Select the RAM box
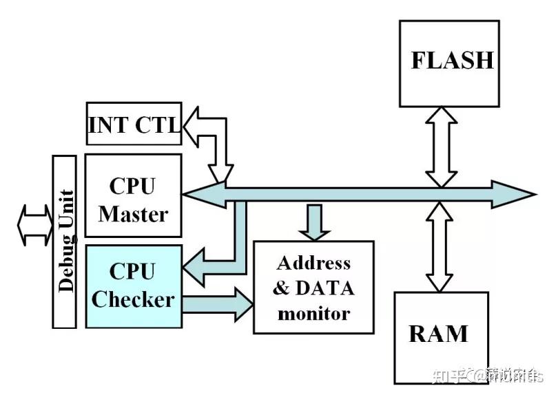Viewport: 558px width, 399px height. (x=441, y=337)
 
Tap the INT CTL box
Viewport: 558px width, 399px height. (x=133, y=124)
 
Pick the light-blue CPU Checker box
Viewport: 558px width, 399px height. (x=133, y=285)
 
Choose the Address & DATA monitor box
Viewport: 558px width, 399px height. (x=313, y=288)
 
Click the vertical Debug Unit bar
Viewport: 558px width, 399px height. (x=65, y=240)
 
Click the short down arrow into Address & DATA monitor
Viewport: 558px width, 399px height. (x=313, y=222)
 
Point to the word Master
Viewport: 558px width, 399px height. (x=133, y=213)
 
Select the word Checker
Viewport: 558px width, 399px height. (x=133, y=300)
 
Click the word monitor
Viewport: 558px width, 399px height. (x=313, y=314)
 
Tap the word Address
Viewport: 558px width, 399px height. (x=313, y=263)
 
